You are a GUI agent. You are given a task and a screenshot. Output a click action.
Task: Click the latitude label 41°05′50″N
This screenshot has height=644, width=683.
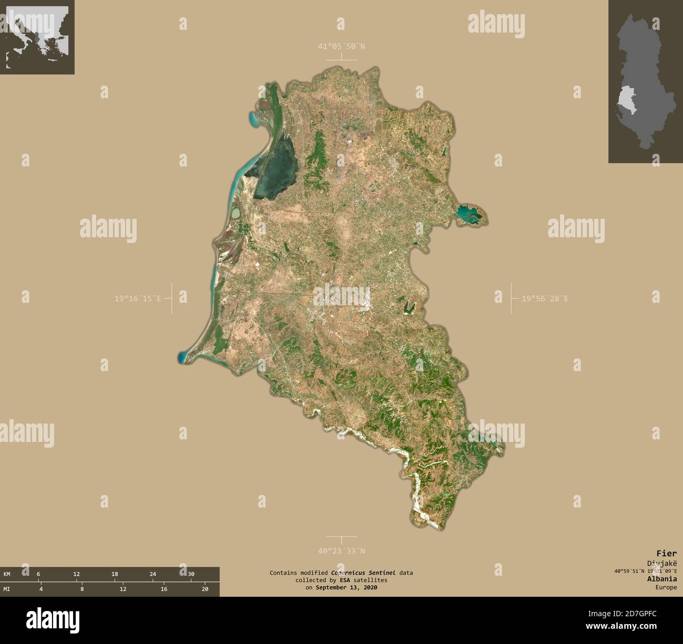341,46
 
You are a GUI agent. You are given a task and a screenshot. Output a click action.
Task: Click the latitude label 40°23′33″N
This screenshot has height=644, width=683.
341,551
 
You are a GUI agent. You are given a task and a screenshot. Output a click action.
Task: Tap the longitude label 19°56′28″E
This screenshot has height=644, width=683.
545,299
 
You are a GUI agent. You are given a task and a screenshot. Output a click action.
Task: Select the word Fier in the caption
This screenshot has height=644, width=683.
666,553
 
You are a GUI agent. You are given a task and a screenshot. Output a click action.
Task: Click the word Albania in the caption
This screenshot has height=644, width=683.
663,579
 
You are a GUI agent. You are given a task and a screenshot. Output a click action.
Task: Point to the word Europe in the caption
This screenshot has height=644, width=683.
666,587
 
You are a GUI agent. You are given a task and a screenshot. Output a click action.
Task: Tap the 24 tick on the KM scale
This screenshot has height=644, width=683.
153,574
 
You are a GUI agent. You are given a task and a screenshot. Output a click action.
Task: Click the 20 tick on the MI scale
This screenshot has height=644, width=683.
205,589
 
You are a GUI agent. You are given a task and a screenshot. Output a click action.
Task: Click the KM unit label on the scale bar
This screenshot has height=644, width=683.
7,574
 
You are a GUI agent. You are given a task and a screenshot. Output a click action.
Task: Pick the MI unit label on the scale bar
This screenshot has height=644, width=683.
7,589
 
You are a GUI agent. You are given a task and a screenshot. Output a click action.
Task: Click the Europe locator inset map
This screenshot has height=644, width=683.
37,37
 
